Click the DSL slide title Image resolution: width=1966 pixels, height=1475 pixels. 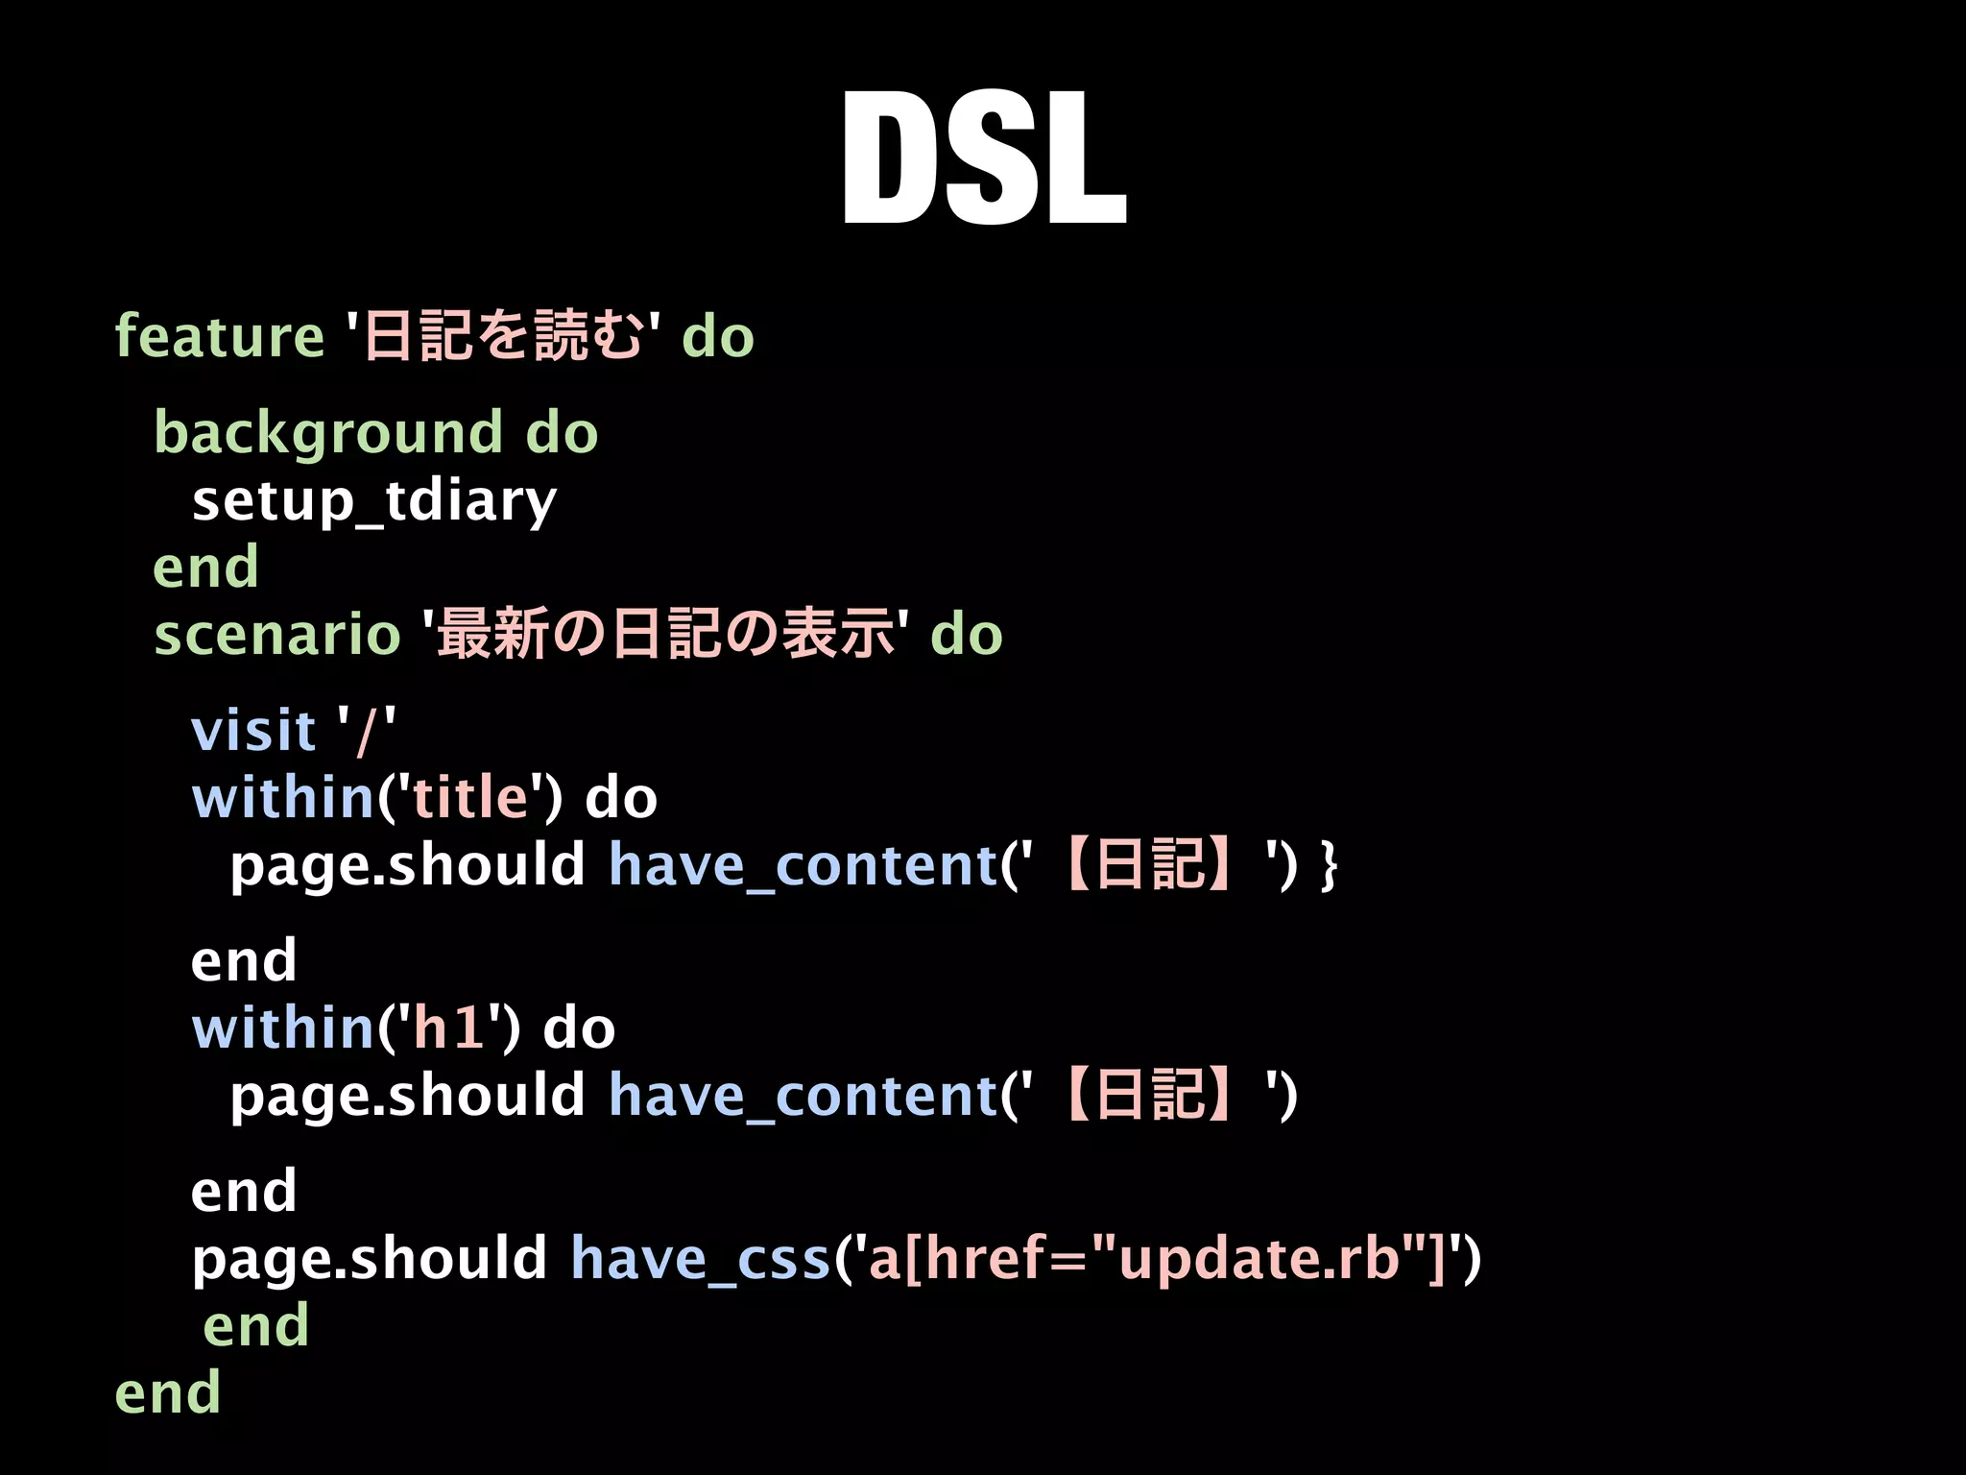click(983, 158)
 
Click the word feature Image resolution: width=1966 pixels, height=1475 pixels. click(219, 337)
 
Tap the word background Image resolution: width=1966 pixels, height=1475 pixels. click(328, 433)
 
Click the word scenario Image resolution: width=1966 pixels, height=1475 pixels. click(276, 635)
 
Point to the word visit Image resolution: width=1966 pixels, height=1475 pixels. click(253, 731)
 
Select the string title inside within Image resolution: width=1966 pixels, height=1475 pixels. click(469, 798)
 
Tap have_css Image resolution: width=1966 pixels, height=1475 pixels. click(700, 1259)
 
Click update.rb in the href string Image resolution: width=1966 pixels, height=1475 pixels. click(1258, 1259)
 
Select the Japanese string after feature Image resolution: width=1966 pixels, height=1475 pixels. click(502, 337)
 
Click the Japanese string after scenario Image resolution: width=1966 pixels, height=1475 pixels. click(665, 635)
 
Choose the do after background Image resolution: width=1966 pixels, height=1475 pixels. click(562, 433)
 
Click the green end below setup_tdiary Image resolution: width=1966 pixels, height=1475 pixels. click(205, 567)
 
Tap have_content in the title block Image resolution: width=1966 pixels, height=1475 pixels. click(803, 865)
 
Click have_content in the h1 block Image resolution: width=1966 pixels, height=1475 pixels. click(803, 1096)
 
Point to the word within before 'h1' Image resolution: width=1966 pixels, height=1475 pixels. click(282, 1028)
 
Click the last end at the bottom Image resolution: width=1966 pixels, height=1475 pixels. click(167, 1393)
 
